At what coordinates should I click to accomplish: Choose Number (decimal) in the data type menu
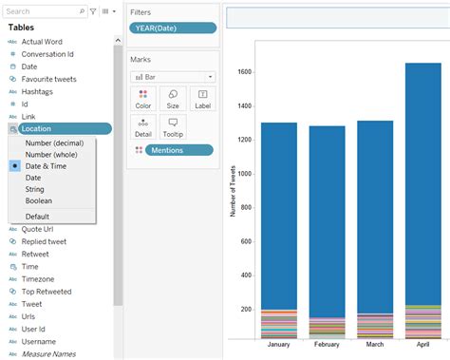[x=59, y=142]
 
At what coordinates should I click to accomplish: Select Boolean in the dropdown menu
[x=39, y=200]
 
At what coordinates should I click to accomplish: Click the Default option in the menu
[x=38, y=217]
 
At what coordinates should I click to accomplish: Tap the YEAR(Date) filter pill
[x=172, y=28]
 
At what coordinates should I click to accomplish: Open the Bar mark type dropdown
[x=172, y=76]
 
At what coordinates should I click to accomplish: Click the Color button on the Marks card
[x=143, y=99]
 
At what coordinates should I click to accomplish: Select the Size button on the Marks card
[x=173, y=99]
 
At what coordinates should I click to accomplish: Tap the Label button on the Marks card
[x=202, y=99]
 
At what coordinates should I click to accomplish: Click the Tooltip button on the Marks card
[x=173, y=126]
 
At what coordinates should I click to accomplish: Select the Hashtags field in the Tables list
[x=39, y=91]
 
